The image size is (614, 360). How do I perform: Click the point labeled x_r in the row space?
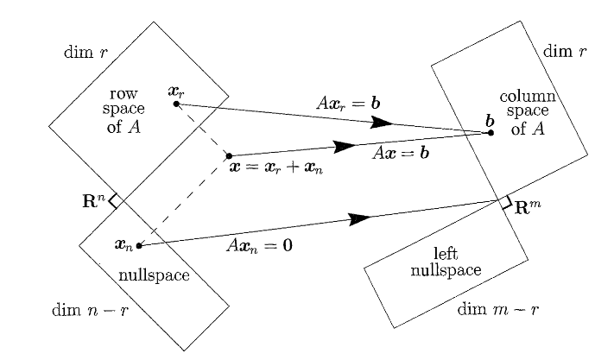pyautogui.click(x=176, y=104)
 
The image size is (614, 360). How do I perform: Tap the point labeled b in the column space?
pyautogui.click(x=489, y=133)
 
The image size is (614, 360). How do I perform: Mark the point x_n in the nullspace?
pyautogui.click(x=138, y=246)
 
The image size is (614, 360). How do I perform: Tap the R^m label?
pyautogui.click(x=529, y=208)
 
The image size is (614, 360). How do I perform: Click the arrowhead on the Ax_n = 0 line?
pyautogui.click(x=358, y=219)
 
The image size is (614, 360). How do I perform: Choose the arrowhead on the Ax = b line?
pyautogui.click(x=344, y=147)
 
